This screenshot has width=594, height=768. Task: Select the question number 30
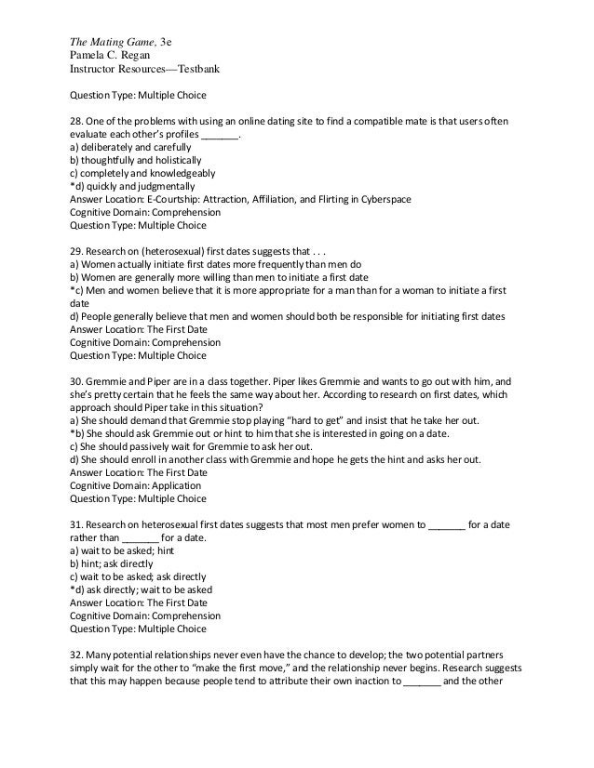(x=77, y=380)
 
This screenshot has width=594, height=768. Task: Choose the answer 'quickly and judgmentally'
(x=140, y=186)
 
